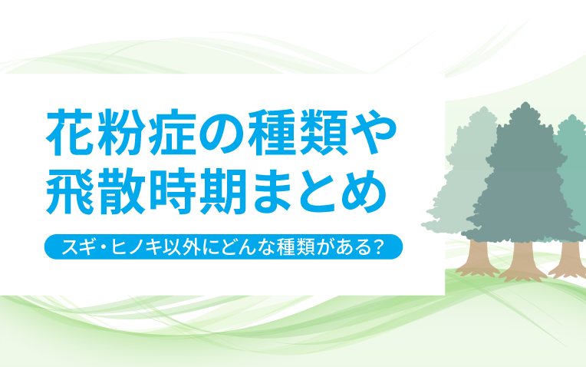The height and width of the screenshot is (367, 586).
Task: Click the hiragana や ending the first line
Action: click(x=374, y=133)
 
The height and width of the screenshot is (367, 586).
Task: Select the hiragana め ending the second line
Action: click(x=364, y=192)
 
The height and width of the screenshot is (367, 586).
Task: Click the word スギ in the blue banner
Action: click(x=77, y=247)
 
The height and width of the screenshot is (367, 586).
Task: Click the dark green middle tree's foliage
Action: click(x=525, y=176)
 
